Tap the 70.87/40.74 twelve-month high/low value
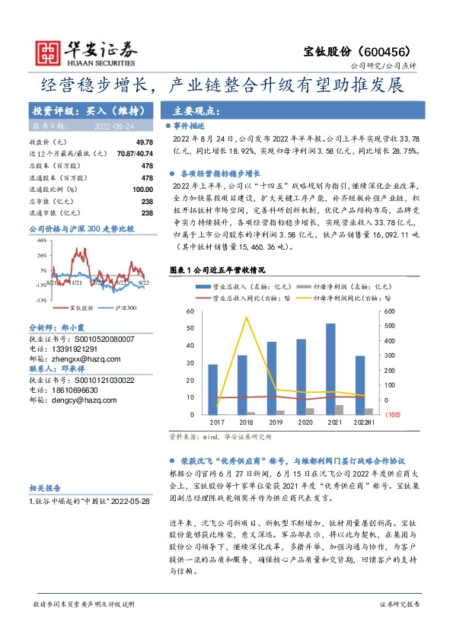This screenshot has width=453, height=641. [136, 154]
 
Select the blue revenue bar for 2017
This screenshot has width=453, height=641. [212, 389]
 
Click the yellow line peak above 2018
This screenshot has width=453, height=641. [246, 317]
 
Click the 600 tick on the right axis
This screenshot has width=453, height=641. [390, 311]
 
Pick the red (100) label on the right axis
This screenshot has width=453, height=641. [391, 415]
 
